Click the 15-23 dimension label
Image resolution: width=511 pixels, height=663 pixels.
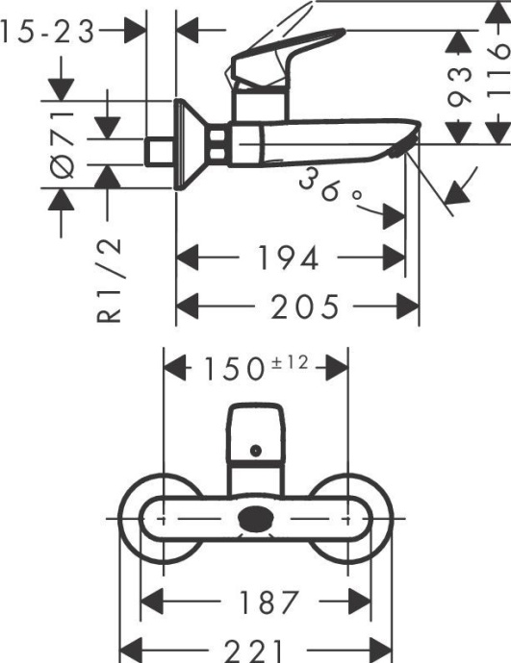click(x=49, y=33)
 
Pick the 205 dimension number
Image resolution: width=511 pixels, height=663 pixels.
click(x=304, y=307)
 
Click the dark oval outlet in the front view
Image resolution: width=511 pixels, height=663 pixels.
click(x=256, y=520)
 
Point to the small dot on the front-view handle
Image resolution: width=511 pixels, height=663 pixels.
click(x=256, y=451)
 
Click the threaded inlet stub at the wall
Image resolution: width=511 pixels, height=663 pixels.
click(x=158, y=151)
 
